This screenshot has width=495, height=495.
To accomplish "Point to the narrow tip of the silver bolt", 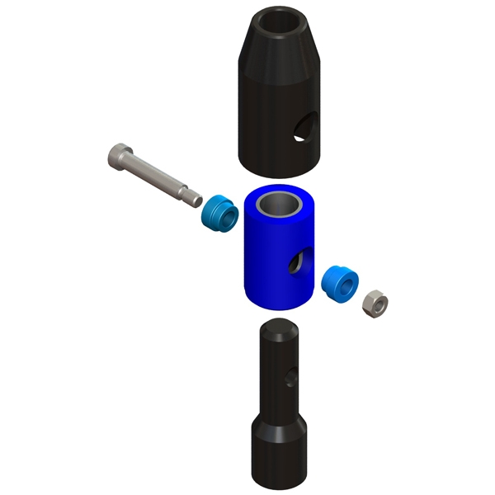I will (196, 196).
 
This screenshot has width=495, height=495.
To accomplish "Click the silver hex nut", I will (374, 303).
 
